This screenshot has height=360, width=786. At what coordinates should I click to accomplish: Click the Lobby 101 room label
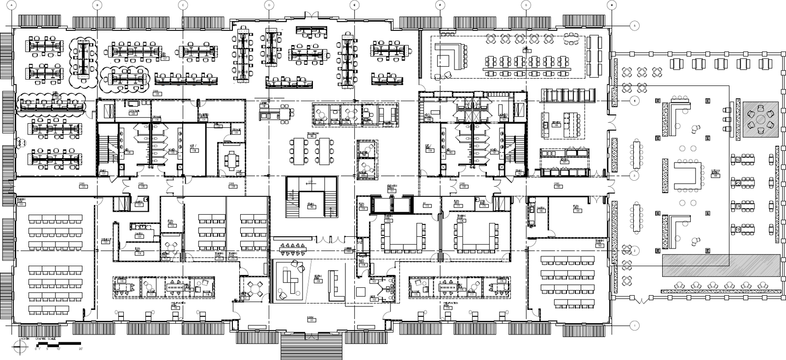311,319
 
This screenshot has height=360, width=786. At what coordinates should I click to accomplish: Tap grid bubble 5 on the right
634,25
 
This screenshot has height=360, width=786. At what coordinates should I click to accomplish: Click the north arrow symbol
21,346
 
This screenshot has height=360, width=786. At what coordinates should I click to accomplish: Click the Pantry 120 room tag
139,236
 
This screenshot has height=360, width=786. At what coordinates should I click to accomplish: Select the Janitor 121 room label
139,204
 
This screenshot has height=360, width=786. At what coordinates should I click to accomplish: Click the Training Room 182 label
600,242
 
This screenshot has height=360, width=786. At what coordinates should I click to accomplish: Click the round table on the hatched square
760,119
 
